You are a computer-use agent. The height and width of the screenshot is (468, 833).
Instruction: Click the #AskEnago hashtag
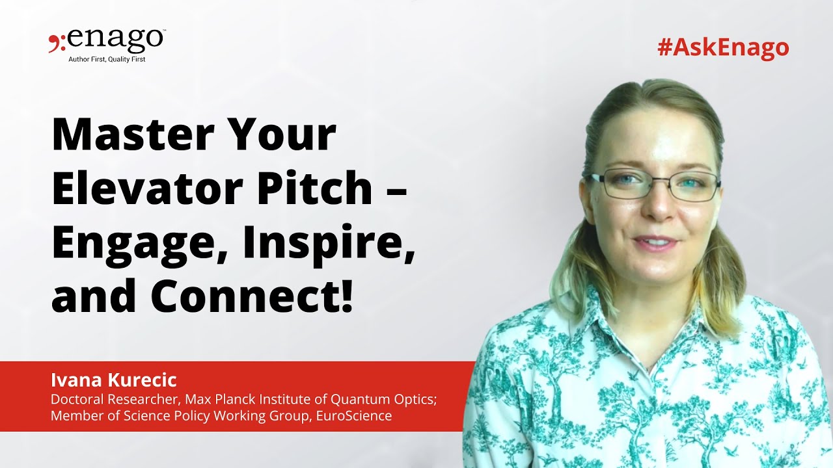click(723, 47)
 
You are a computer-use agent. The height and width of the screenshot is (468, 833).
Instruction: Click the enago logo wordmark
click(115, 40)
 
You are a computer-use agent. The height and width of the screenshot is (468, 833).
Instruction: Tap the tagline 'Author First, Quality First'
click(107, 59)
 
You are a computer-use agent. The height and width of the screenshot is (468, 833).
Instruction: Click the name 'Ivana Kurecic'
click(114, 380)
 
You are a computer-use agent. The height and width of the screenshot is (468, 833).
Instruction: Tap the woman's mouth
click(656, 242)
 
